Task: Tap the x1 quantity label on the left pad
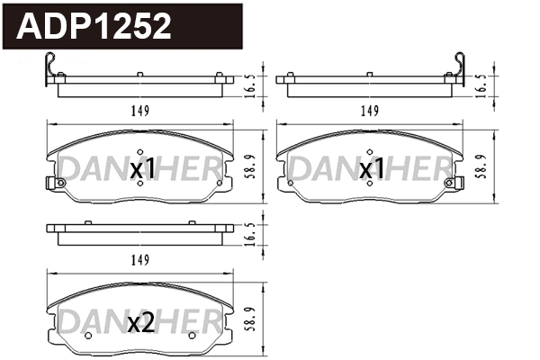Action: point(144,168)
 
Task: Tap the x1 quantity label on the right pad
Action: point(374,168)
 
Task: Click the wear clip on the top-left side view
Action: point(50,69)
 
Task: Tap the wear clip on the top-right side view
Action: point(456,69)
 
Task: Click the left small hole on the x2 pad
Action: point(88,336)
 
